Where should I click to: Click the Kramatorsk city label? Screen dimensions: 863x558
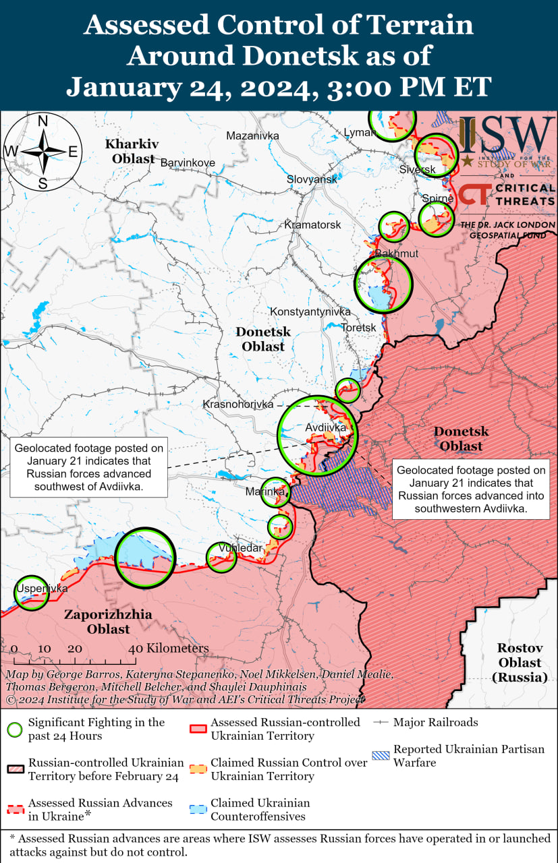(312, 225)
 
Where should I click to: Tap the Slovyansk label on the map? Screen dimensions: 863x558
(312, 179)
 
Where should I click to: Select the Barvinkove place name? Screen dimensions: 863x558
(188, 162)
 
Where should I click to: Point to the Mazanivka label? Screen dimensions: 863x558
(252, 136)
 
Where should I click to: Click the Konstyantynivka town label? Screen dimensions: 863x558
(310, 311)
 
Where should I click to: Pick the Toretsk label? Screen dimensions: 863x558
(358, 328)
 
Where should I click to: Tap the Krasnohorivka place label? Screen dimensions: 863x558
(238, 404)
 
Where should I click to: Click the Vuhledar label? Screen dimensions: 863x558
(240, 548)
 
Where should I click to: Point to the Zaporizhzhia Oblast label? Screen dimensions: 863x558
(108, 622)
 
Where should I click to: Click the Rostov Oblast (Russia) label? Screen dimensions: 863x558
(520, 662)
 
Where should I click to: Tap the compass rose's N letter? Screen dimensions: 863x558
(42, 121)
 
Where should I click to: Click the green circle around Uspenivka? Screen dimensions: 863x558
(32, 593)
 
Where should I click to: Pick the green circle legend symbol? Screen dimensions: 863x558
(15, 729)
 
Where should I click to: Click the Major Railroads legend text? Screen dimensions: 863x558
(436, 722)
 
